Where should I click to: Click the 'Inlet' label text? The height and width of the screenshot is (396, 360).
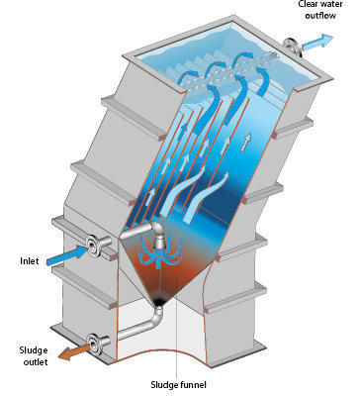(x=30, y=261)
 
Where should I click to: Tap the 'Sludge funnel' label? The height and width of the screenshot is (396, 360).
(x=178, y=385)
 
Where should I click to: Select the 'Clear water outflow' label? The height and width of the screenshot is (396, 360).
(x=320, y=10)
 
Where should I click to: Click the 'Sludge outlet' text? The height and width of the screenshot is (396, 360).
(x=34, y=356)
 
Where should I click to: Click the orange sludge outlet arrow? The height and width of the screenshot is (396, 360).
(x=74, y=351)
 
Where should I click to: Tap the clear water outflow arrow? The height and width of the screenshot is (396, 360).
(x=316, y=43)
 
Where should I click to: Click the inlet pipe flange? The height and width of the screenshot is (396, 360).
(x=93, y=245)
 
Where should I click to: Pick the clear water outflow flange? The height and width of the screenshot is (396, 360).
(x=293, y=48)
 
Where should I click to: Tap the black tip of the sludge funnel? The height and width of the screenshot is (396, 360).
(x=159, y=301)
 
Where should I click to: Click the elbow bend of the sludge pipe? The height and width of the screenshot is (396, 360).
(x=157, y=318)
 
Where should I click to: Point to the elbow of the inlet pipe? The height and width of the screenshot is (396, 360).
(x=156, y=227)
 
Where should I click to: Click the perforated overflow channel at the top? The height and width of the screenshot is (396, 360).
(x=227, y=72)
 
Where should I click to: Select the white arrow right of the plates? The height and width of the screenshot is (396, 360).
(x=246, y=143)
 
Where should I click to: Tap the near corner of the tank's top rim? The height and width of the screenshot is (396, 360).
(x=184, y=93)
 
